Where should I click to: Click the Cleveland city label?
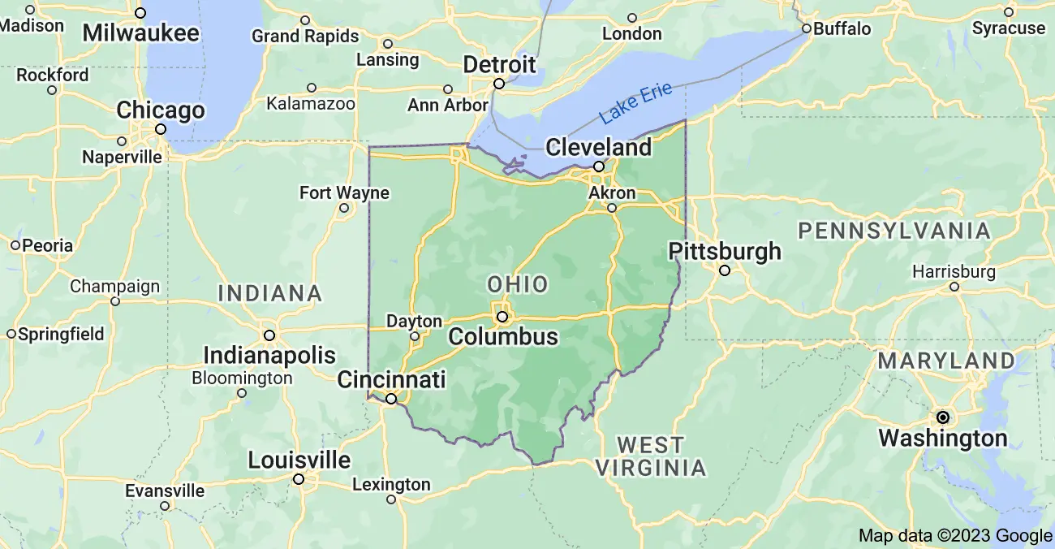point(598,147)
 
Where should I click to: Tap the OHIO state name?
point(517,284)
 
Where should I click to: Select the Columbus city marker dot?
point(502,316)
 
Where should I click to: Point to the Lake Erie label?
point(636,103)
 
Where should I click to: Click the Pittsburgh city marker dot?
point(725,270)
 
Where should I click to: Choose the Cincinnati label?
point(391,379)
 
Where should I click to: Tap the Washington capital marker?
point(943,417)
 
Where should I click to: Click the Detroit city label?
point(499,64)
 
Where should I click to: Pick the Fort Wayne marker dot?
point(344,208)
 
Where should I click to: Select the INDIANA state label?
point(270,293)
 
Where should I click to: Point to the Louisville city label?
point(299,460)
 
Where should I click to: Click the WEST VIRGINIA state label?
point(651,456)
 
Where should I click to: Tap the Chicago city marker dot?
point(161,129)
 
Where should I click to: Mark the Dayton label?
point(414,322)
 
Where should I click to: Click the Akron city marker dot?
point(612,208)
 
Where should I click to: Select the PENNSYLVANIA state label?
point(894,231)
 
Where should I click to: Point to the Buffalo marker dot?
point(807,28)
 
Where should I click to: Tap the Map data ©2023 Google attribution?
point(955,535)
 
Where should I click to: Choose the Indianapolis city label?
point(269,355)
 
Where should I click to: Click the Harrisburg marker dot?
point(954,287)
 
